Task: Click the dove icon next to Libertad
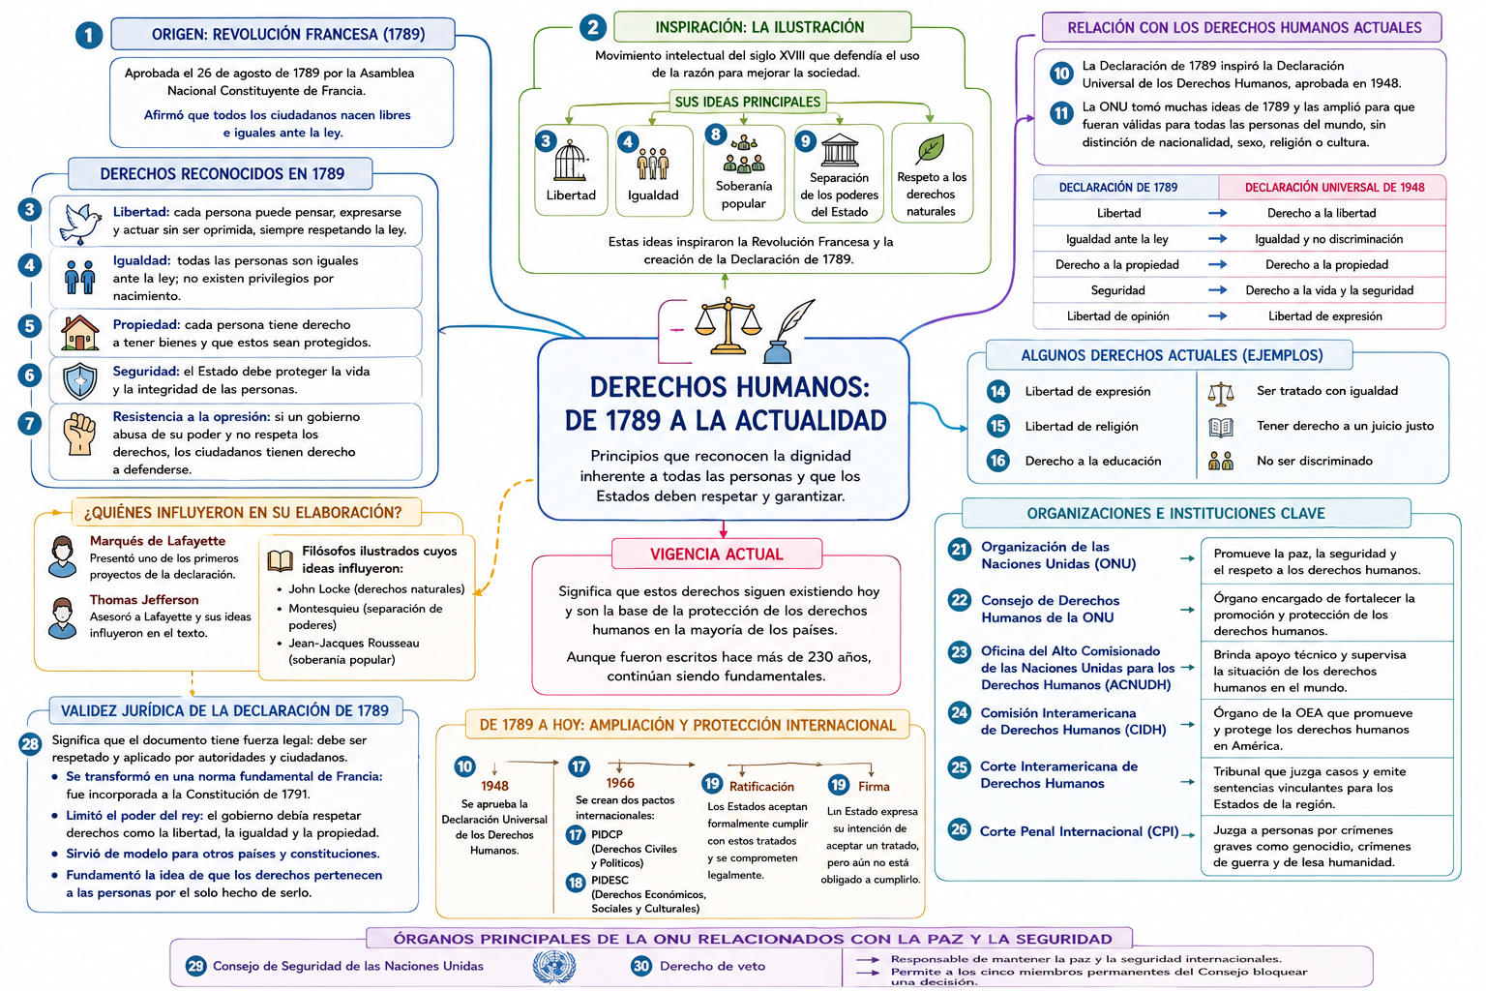tap(79, 223)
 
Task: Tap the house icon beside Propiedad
tap(79, 333)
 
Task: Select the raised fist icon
tap(79, 435)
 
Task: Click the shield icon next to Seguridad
tap(79, 380)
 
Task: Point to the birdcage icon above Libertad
tap(571, 161)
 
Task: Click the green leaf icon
tap(930, 149)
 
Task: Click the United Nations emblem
tap(554, 967)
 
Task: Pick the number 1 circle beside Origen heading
tap(89, 35)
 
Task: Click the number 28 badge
tap(31, 744)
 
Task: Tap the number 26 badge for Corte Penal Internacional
tap(960, 829)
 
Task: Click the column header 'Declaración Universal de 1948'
tap(1334, 187)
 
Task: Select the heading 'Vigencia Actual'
tap(717, 555)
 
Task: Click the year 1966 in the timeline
tap(620, 783)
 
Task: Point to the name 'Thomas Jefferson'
tap(144, 599)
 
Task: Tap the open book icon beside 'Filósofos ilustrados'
tap(280, 561)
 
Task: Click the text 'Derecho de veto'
tap(712, 967)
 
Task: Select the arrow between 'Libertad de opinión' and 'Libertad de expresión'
tap(1217, 315)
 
